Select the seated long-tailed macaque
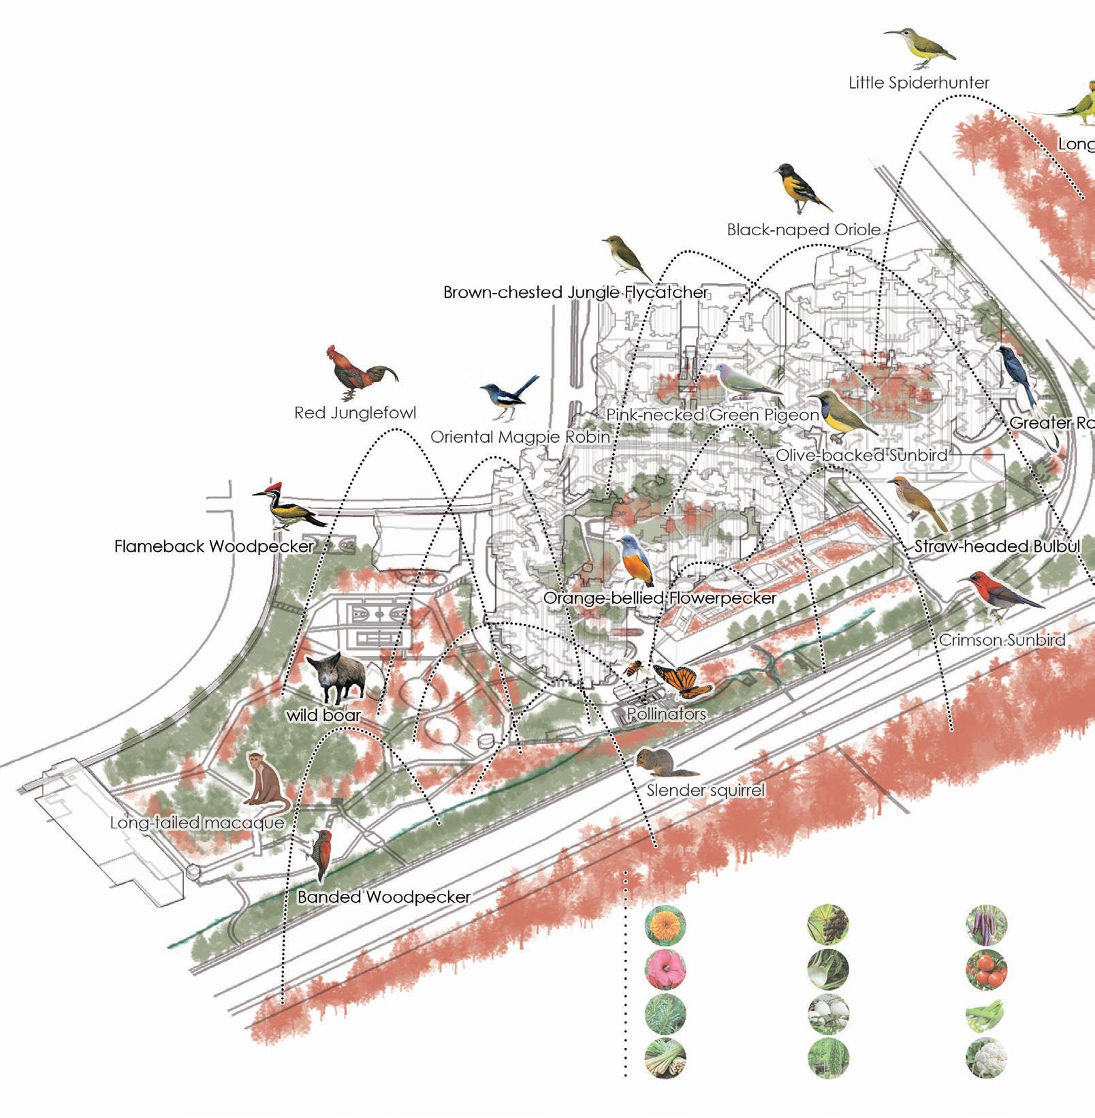point(266,780)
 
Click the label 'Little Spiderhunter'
point(919,83)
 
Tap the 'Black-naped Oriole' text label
point(804,230)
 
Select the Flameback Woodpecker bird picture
point(289,510)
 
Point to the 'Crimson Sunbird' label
point(1002,640)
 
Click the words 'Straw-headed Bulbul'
point(997,546)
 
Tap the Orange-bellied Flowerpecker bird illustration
point(635,561)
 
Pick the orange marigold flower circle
point(665,925)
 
